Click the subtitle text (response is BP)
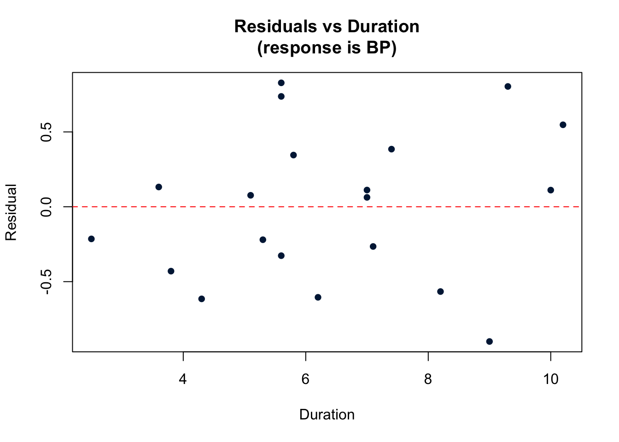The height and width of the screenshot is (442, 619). click(x=327, y=48)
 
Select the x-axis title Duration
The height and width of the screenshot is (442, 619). click(x=327, y=414)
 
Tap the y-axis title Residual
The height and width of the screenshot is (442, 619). click(x=11, y=212)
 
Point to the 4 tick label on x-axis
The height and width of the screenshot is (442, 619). click(x=183, y=379)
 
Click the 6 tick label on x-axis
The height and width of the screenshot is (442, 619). click(x=305, y=379)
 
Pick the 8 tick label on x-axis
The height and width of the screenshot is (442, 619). click(x=428, y=379)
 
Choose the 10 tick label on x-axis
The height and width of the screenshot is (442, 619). click(x=550, y=379)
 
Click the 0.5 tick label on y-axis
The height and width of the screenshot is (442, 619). click(x=47, y=132)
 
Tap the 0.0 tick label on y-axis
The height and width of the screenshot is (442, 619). click(x=47, y=207)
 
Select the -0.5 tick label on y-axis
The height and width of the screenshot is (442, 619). click(x=47, y=282)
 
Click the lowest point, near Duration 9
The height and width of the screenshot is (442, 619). click(x=489, y=341)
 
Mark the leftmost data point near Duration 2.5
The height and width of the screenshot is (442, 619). click(x=91, y=238)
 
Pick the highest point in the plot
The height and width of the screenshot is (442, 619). click(x=281, y=83)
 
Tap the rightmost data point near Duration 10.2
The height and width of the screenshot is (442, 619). click(x=563, y=125)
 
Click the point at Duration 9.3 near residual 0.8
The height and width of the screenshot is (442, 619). click(x=508, y=87)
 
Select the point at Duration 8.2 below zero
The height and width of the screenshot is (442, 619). click(x=440, y=291)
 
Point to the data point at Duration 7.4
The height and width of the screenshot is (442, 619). click(x=391, y=149)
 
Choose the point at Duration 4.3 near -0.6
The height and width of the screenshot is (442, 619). click(x=201, y=299)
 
